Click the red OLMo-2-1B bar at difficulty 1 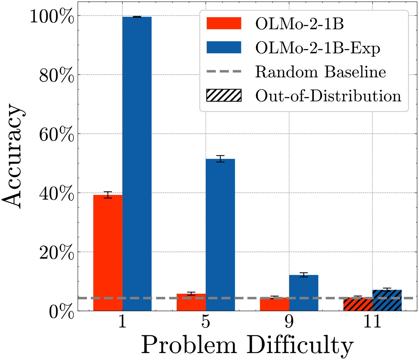pos(107,253)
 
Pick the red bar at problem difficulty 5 pos(191,302)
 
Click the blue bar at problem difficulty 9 pos(303,293)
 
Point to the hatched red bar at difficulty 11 pos(358,304)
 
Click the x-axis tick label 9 pos(289,322)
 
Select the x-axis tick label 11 pos(372,322)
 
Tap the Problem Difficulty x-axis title pos(247,346)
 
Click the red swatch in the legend pos(224,24)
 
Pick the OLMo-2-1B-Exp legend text pos(317,48)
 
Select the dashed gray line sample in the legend pos(224,72)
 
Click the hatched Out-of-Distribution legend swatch pos(224,96)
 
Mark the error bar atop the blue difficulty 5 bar pos(220,159)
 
